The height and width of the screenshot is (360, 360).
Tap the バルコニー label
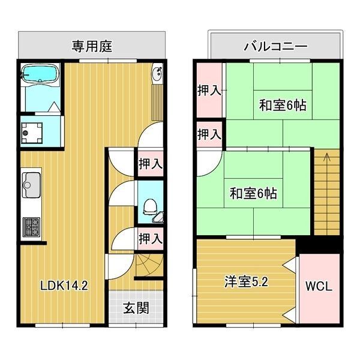pyautogui.click(x=275, y=46)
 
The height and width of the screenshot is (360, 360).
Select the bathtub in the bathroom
pyautogui.click(x=39, y=74)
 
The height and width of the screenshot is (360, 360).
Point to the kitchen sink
pyautogui.click(x=31, y=185)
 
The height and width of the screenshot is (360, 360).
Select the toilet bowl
pyautogui.click(x=151, y=208)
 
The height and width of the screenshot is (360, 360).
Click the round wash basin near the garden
pyautogui.click(x=158, y=74)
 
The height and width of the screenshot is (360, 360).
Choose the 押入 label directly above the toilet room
pyautogui.click(x=150, y=163)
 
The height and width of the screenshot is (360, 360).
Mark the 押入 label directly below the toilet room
pyautogui.click(x=150, y=239)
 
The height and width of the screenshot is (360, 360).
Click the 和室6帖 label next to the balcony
pyautogui.click(x=283, y=105)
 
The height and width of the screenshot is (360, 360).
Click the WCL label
pyautogui.click(x=319, y=286)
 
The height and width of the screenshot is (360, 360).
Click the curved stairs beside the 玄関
pyautogui.click(x=147, y=264)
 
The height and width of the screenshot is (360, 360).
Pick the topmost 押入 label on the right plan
pyautogui.click(x=209, y=91)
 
